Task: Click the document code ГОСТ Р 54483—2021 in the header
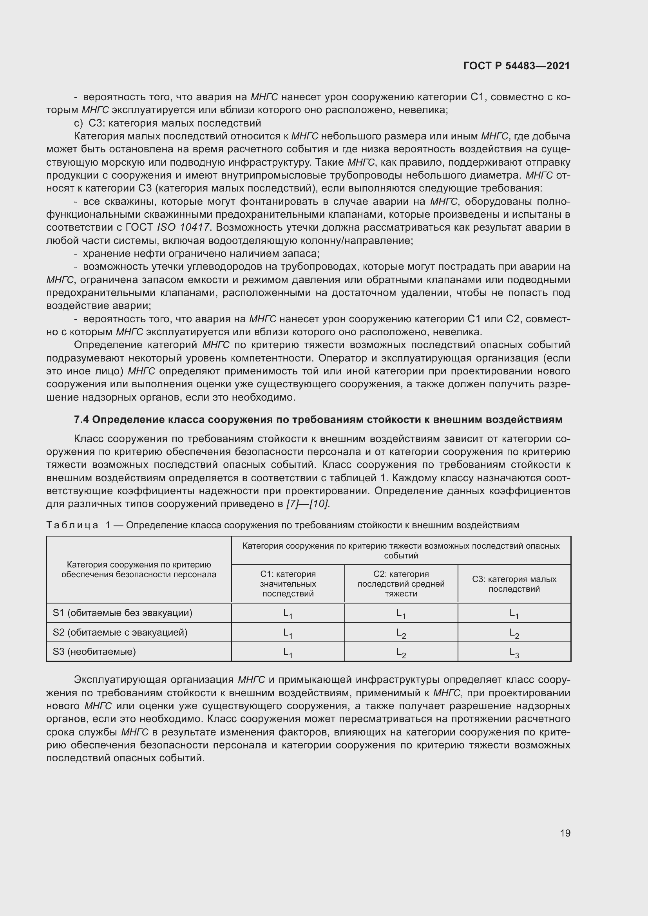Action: tap(517, 66)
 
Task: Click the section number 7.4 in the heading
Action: tap(82, 419)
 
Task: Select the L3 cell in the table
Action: tap(514, 652)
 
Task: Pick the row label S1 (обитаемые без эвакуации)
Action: tap(123, 613)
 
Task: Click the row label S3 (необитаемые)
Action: tap(94, 652)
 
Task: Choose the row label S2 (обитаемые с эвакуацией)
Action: tap(120, 632)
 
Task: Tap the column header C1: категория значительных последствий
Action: tap(288, 583)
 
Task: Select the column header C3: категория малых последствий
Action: tap(514, 584)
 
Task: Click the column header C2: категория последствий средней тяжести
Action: tap(401, 583)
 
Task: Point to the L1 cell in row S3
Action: tap(288, 652)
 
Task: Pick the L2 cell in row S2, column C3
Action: tap(514, 633)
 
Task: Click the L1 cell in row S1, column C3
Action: tap(514, 614)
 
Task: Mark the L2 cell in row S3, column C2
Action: tap(401, 652)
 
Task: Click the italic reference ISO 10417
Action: tap(183, 228)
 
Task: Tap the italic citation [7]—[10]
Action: tap(308, 504)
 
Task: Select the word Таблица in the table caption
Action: tap(72, 525)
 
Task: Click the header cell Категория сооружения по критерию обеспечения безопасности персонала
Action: tap(138, 569)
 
